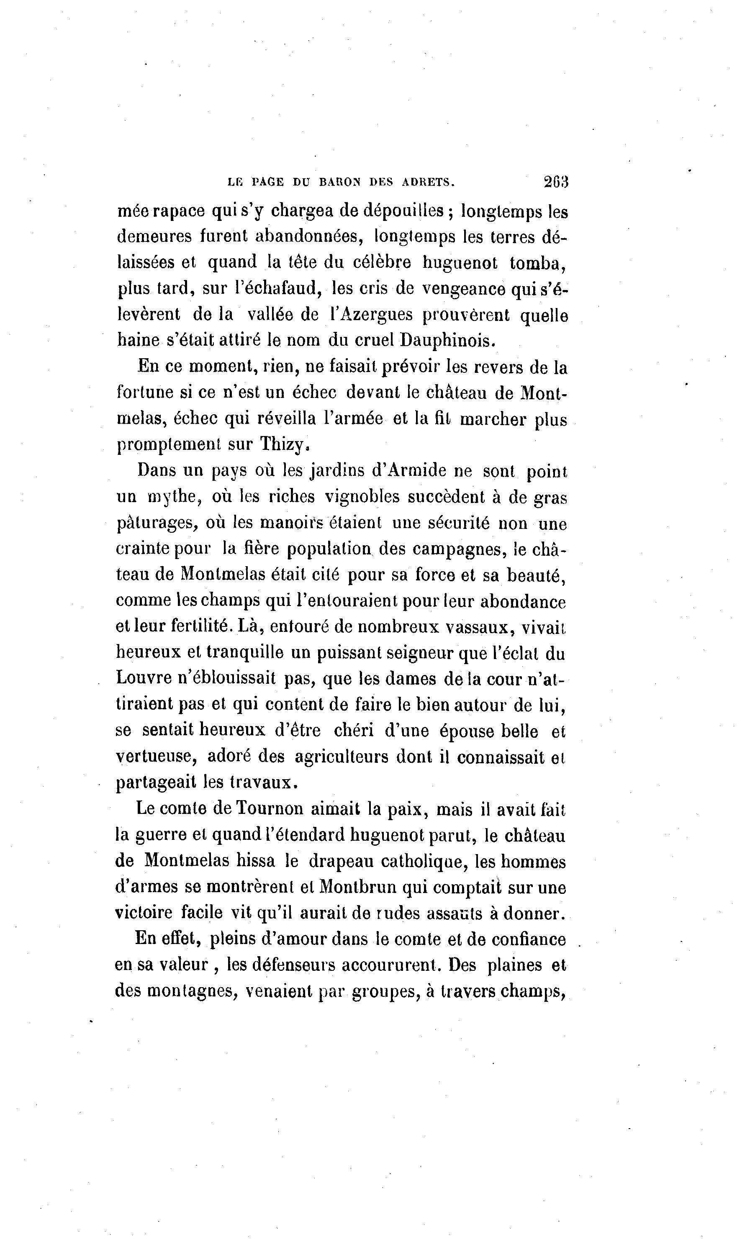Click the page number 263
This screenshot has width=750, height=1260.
(x=556, y=181)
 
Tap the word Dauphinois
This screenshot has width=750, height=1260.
(x=448, y=341)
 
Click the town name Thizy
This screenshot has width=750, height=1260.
(x=283, y=444)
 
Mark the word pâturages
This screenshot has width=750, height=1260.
(x=156, y=524)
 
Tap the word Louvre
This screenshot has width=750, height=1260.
(x=144, y=678)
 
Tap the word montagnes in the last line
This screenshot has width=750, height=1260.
(x=193, y=991)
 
